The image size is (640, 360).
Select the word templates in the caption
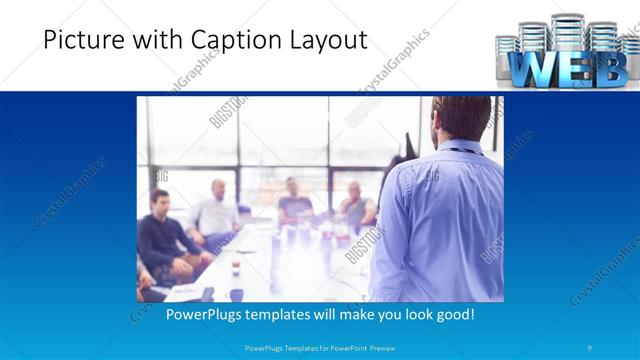click(293, 314)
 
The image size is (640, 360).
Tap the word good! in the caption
click(452, 314)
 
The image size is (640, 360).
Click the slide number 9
click(591, 347)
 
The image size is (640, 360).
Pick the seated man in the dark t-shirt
click(294, 200)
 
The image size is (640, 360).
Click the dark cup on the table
click(236, 265)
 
